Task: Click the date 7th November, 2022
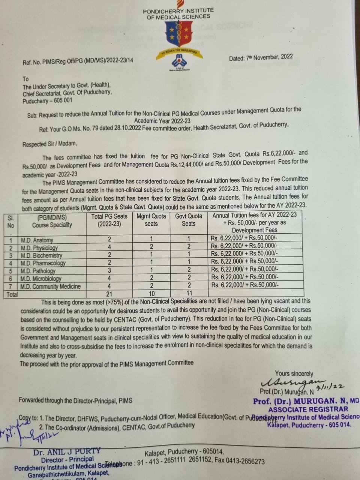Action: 261,57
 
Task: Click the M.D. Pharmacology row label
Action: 43,263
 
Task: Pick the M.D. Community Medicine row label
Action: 50,286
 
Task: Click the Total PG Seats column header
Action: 109,220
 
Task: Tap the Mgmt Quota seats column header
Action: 151,220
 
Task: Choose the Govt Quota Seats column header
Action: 189,220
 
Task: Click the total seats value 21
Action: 109,294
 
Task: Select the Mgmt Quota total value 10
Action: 151,294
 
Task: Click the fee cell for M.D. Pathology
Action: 244,269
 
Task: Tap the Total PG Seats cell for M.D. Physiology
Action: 109,247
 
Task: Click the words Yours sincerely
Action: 294,373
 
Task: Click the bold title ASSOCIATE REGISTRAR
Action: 308,409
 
